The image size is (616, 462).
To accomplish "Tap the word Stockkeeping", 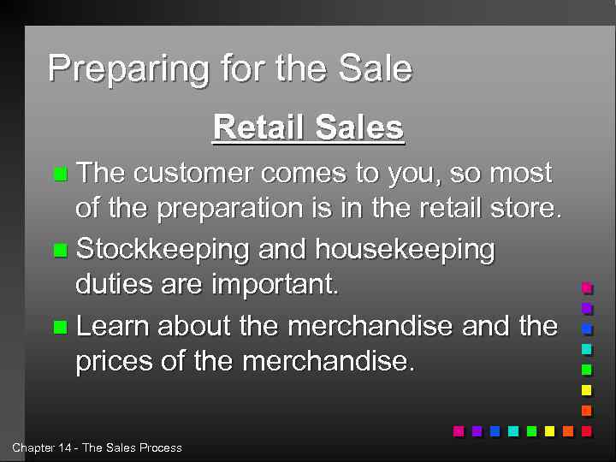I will [162, 250].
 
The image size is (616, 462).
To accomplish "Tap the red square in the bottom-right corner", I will [586, 431].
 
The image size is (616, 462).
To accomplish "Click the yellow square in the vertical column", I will [586, 390].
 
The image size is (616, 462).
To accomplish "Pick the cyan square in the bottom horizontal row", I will [512, 431].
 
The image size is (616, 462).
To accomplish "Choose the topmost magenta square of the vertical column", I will [586, 287].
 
